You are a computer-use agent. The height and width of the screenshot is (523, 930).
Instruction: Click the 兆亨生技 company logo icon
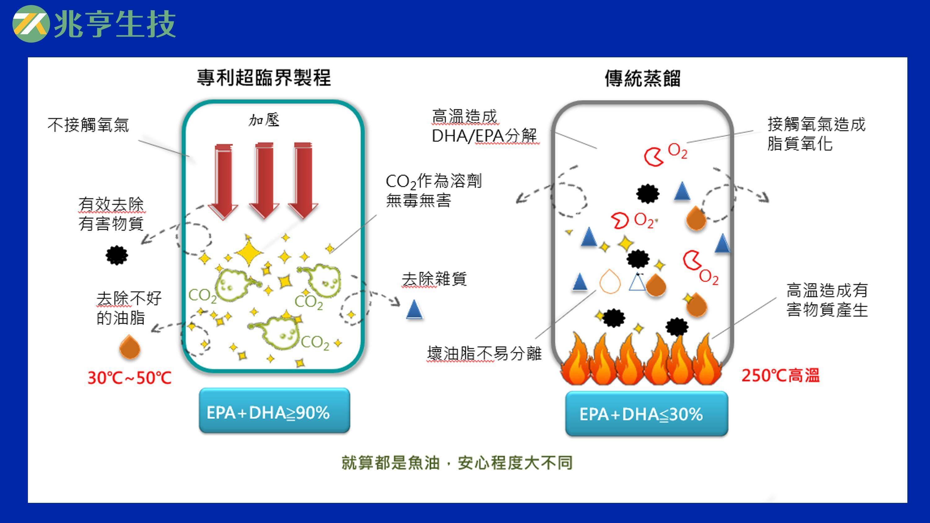[x=31, y=24]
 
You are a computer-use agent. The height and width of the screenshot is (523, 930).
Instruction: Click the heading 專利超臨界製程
[x=263, y=77]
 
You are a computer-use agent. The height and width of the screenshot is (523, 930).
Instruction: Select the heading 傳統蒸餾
[x=643, y=78]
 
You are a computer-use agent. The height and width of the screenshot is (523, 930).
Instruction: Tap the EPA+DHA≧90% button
[x=274, y=411]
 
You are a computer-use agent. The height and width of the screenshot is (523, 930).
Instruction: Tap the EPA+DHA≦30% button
[x=646, y=414]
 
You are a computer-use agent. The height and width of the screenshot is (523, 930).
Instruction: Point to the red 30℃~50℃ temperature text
[x=129, y=378]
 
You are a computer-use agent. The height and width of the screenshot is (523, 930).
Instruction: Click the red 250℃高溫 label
[x=781, y=376]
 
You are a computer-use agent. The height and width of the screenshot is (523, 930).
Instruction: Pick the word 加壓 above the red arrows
[x=264, y=120]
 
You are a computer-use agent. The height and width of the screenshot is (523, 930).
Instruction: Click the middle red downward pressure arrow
[x=264, y=180]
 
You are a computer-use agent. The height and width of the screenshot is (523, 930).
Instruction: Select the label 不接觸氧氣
[x=88, y=125]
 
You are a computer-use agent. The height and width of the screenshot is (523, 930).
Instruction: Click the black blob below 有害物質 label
[x=117, y=256]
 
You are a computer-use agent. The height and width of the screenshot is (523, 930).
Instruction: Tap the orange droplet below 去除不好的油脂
[x=130, y=347]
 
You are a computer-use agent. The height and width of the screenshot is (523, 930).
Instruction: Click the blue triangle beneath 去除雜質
[x=414, y=310]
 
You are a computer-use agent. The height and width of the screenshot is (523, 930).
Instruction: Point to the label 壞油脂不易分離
[x=484, y=353]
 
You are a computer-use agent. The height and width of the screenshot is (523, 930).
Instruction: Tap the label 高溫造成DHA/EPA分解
[x=484, y=127]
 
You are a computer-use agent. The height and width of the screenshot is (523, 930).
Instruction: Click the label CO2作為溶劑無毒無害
[x=433, y=190]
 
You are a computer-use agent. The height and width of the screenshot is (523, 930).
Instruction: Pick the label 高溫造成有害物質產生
[x=827, y=300]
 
